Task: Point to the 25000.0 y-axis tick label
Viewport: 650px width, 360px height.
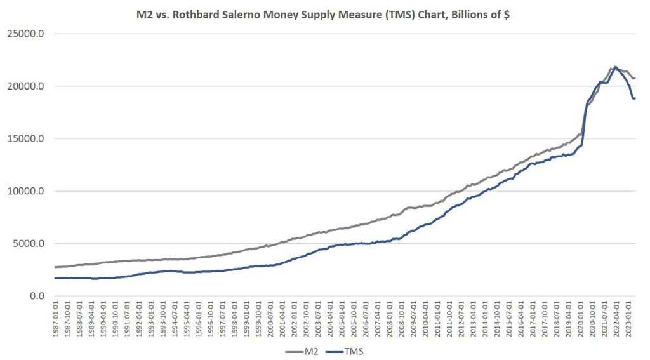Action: [x=26, y=34]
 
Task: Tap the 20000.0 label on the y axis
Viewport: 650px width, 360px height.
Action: [x=26, y=86]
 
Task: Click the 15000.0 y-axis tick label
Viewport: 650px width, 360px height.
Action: [x=26, y=138]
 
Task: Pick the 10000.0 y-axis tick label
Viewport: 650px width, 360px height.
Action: [x=26, y=191]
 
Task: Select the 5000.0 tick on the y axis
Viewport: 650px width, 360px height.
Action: [x=29, y=243]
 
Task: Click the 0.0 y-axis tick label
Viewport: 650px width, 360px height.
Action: [x=34, y=296]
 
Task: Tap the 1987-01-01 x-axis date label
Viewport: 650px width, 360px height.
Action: [x=56, y=319]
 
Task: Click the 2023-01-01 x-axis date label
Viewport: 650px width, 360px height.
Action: [x=629, y=319]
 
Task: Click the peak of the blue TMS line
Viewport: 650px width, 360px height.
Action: [x=615, y=67]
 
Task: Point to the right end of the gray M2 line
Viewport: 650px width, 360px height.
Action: [x=635, y=78]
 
